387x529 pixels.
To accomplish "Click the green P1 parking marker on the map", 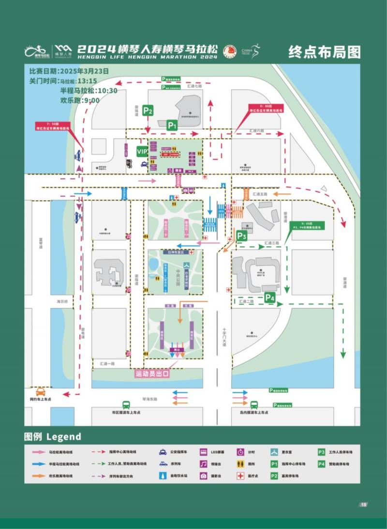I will click(173, 125).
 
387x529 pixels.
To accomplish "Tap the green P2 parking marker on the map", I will click(148, 110).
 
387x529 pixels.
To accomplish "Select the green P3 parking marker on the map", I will click(242, 236).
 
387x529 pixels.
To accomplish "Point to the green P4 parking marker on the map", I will click(269, 298).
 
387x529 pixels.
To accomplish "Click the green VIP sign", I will click(142, 152).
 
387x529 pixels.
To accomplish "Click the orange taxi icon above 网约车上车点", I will click(41, 391).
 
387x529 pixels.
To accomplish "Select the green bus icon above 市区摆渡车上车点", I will click(126, 405).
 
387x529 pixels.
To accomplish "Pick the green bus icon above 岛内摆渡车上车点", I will click(254, 405).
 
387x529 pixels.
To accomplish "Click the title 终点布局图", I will click(324, 51).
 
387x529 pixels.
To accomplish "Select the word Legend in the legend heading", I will click(64, 436).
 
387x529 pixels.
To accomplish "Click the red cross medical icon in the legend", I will click(240, 476).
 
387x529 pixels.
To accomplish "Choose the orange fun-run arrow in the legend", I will click(38, 476).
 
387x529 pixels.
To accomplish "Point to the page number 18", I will click(363, 505).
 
